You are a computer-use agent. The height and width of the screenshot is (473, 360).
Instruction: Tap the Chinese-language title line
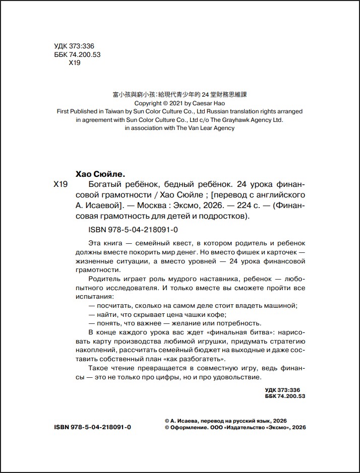point(179,94)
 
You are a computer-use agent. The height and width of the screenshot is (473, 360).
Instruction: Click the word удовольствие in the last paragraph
point(236,377)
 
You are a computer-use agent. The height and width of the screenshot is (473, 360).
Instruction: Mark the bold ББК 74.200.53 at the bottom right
point(285,396)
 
